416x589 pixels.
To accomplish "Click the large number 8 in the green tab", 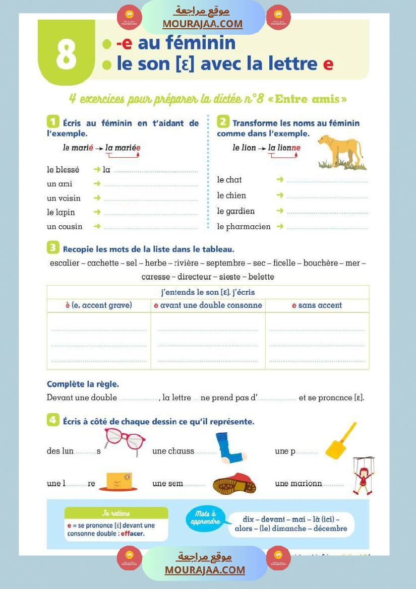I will (66, 55).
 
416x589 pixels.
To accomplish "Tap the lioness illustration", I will (342, 152).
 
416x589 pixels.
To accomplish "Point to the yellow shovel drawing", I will (340, 442).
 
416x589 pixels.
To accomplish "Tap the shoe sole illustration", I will (234, 484).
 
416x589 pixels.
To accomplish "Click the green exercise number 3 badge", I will (53, 248).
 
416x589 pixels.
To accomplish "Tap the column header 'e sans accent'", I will (317, 305).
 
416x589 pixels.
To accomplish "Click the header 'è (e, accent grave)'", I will (99, 305).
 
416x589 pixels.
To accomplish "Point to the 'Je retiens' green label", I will (116, 513).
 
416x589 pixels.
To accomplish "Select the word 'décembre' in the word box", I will (330, 529).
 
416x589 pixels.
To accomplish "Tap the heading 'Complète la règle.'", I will (83, 384).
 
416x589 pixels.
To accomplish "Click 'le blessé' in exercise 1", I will (63, 170).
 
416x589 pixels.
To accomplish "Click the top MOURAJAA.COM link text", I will (202, 24).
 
